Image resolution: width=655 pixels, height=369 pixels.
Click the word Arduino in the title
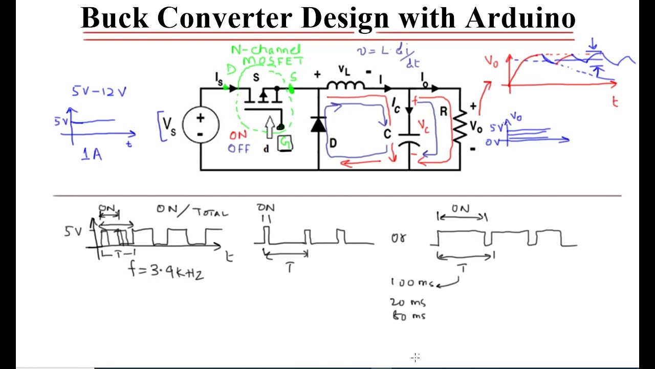pyautogui.click(x=520, y=18)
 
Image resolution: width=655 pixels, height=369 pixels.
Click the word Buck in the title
pyautogui.click(x=114, y=18)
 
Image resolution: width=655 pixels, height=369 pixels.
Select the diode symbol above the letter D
pyautogui.click(x=319, y=125)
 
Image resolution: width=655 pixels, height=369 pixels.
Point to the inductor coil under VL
pyautogui.click(x=346, y=86)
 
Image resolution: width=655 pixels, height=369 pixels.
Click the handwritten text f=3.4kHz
pyautogui.click(x=167, y=270)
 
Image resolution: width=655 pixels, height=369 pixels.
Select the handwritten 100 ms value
pyautogui.click(x=412, y=282)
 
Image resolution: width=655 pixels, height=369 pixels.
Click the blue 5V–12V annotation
pyautogui.click(x=99, y=92)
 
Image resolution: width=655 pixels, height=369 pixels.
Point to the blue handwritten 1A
pyautogui.click(x=92, y=154)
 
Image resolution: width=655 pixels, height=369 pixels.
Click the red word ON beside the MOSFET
pyautogui.click(x=238, y=135)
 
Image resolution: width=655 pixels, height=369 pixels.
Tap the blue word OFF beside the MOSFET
pyautogui.click(x=239, y=149)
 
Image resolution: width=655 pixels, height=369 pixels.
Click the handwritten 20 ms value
pyautogui.click(x=408, y=302)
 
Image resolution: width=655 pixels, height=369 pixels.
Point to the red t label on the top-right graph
pyautogui.click(x=615, y=102)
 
